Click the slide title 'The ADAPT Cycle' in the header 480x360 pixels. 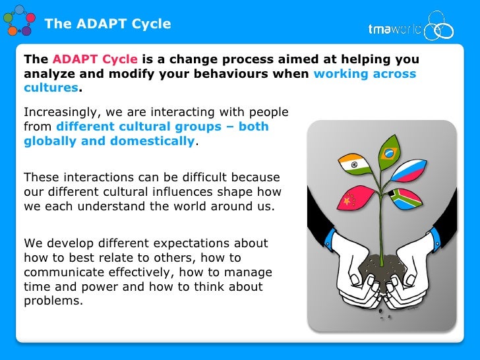[107, 24]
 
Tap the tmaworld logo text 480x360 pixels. [394, 29]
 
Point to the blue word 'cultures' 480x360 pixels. [51, 88]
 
